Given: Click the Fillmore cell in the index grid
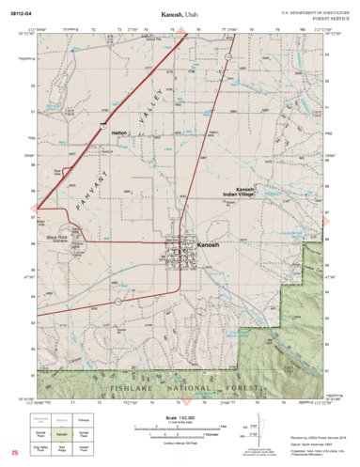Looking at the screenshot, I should (83, 420).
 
